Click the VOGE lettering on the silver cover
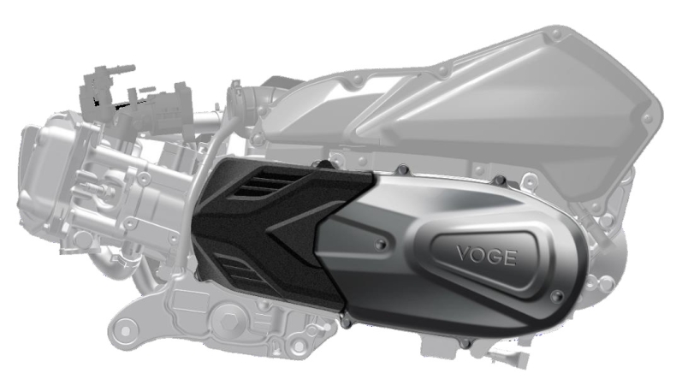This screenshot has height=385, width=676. coord(486,255)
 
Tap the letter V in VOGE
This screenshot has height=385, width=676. coord(465,253)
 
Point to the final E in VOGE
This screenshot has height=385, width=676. coord(510,258)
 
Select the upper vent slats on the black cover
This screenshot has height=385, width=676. coord(263,183)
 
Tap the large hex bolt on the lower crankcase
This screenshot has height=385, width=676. coord(227,320)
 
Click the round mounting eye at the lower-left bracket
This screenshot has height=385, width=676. coord(125,331)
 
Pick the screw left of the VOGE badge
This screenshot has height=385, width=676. coord(381,245)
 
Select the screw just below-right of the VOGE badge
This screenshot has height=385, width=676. coord(557,296)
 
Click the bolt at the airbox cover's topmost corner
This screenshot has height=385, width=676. coord(556,33)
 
